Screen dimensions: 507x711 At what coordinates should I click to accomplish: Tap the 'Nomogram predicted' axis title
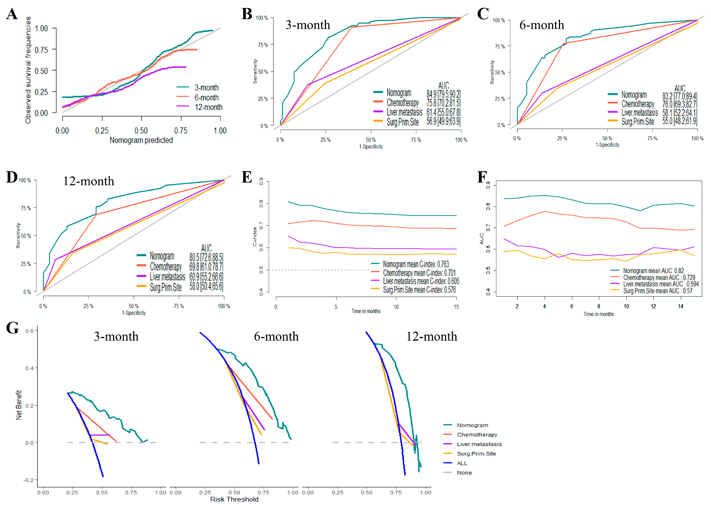click(x=141, y=140)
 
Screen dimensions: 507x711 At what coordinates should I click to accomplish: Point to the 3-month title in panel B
click(x=308, y=25)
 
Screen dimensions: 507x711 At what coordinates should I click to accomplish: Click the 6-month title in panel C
click(x=542, y=25)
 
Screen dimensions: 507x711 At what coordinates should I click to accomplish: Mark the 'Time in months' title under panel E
click(x=366, y=311)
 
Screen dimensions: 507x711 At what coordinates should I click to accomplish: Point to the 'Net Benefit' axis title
click(x=19, y=405)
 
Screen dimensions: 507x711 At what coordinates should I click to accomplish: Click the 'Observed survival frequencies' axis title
click(x=28, y=70)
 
